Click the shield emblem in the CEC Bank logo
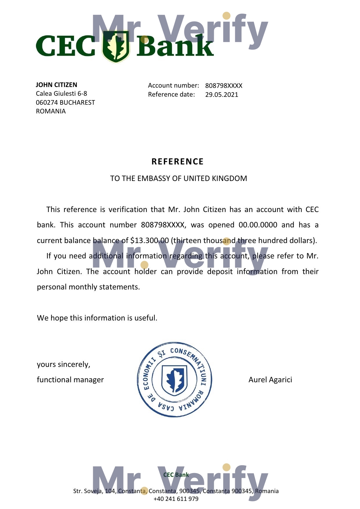(116, 46)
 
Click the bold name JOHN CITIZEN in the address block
(57, 85)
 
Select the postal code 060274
(47, 103)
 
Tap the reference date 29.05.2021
(222, 95)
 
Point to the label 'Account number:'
(173, 86)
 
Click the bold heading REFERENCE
(178, 162)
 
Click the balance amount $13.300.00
(150, 241)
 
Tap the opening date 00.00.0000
(258, 225)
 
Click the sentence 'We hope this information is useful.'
(97, 318)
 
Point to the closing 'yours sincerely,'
(64, 365)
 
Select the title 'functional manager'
(70, 380)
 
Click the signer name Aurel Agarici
(270, 380)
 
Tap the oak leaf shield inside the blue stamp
(174, 380)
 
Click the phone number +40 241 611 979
(176, 499)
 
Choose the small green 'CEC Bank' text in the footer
(176, 475)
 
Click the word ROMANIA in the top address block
(51, 111)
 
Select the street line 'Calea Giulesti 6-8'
(61, 94)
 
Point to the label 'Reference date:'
(171, 95)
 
